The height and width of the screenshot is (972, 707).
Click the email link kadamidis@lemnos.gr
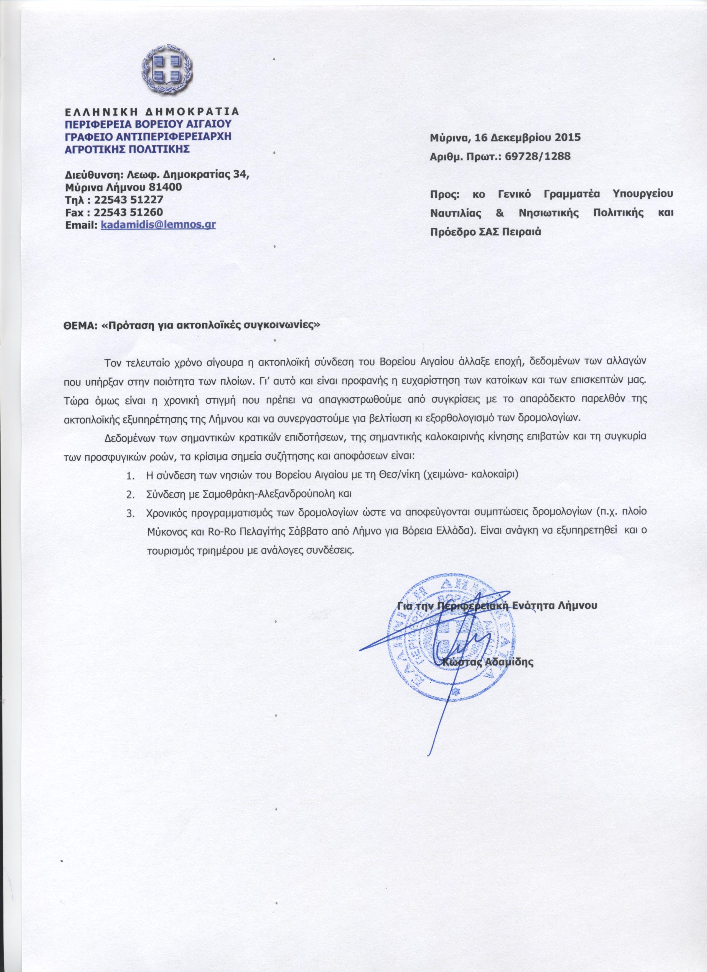[157, 224]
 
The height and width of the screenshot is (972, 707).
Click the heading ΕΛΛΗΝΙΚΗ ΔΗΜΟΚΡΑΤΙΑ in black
[151, 112]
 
